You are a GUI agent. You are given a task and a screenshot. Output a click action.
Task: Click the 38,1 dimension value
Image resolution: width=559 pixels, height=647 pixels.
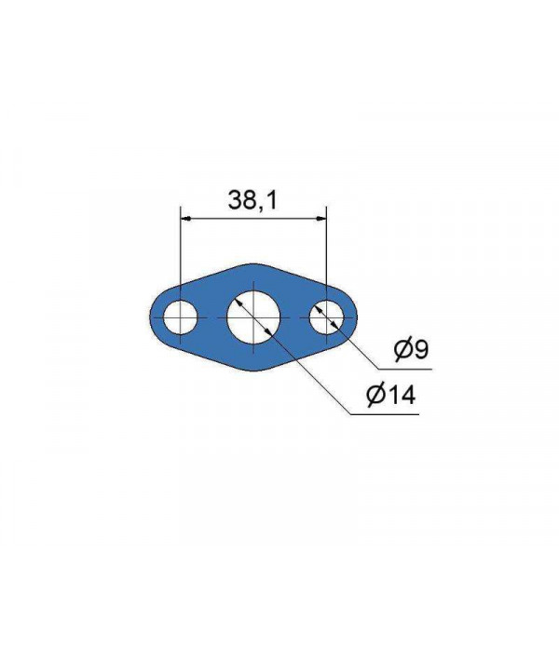click(x=252, y=199)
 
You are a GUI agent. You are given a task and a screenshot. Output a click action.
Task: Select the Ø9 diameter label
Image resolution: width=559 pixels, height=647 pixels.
click(x=410, y=350)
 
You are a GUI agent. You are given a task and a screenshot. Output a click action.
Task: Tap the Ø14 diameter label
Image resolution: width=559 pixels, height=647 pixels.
click(x=390, y=396)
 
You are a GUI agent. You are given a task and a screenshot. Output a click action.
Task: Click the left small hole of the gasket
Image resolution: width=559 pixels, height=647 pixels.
click(x=179, y=318)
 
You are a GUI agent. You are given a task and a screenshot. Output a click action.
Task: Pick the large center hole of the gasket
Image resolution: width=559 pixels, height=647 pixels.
click(x=252, y=317)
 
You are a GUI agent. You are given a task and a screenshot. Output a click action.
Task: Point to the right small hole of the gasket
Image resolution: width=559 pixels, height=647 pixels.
click(x=326, y=318)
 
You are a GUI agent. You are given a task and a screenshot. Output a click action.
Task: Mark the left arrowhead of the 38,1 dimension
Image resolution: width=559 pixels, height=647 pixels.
click(x=184, y=218)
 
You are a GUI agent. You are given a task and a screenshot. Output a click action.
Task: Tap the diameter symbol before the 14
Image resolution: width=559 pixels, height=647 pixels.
click(x=375, y=396)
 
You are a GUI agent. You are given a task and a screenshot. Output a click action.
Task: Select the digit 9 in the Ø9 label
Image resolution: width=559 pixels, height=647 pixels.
click(x=421, y=350)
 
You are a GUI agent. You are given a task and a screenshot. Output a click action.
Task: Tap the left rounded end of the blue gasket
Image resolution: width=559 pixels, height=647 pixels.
click(x=151, y=318)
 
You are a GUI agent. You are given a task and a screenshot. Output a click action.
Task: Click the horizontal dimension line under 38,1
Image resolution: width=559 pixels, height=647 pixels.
click(x=252, y=218)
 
